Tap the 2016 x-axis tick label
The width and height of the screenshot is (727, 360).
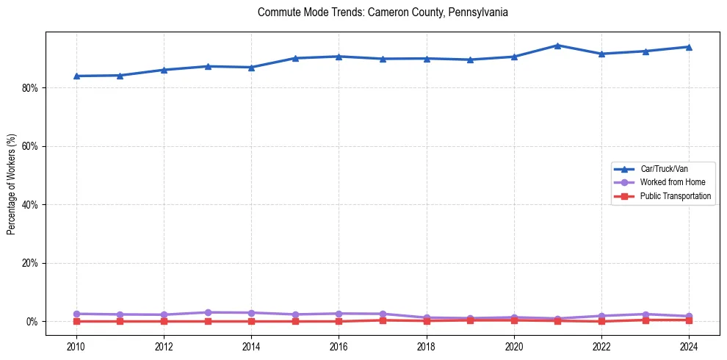pos(339,345)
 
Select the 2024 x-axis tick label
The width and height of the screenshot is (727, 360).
pos(689,345)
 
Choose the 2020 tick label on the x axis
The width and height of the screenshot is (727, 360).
pos(514,345)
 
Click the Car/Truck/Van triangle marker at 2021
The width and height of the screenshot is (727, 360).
pos(557,46)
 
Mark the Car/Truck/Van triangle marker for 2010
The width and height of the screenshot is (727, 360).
pos(76,76)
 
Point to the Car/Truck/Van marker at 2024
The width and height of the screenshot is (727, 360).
pos(689,47)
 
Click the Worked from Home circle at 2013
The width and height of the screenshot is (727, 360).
pos(208,312)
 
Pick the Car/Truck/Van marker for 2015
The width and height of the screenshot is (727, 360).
pos(295,58)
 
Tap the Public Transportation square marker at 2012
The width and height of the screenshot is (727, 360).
pos(164,321)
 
